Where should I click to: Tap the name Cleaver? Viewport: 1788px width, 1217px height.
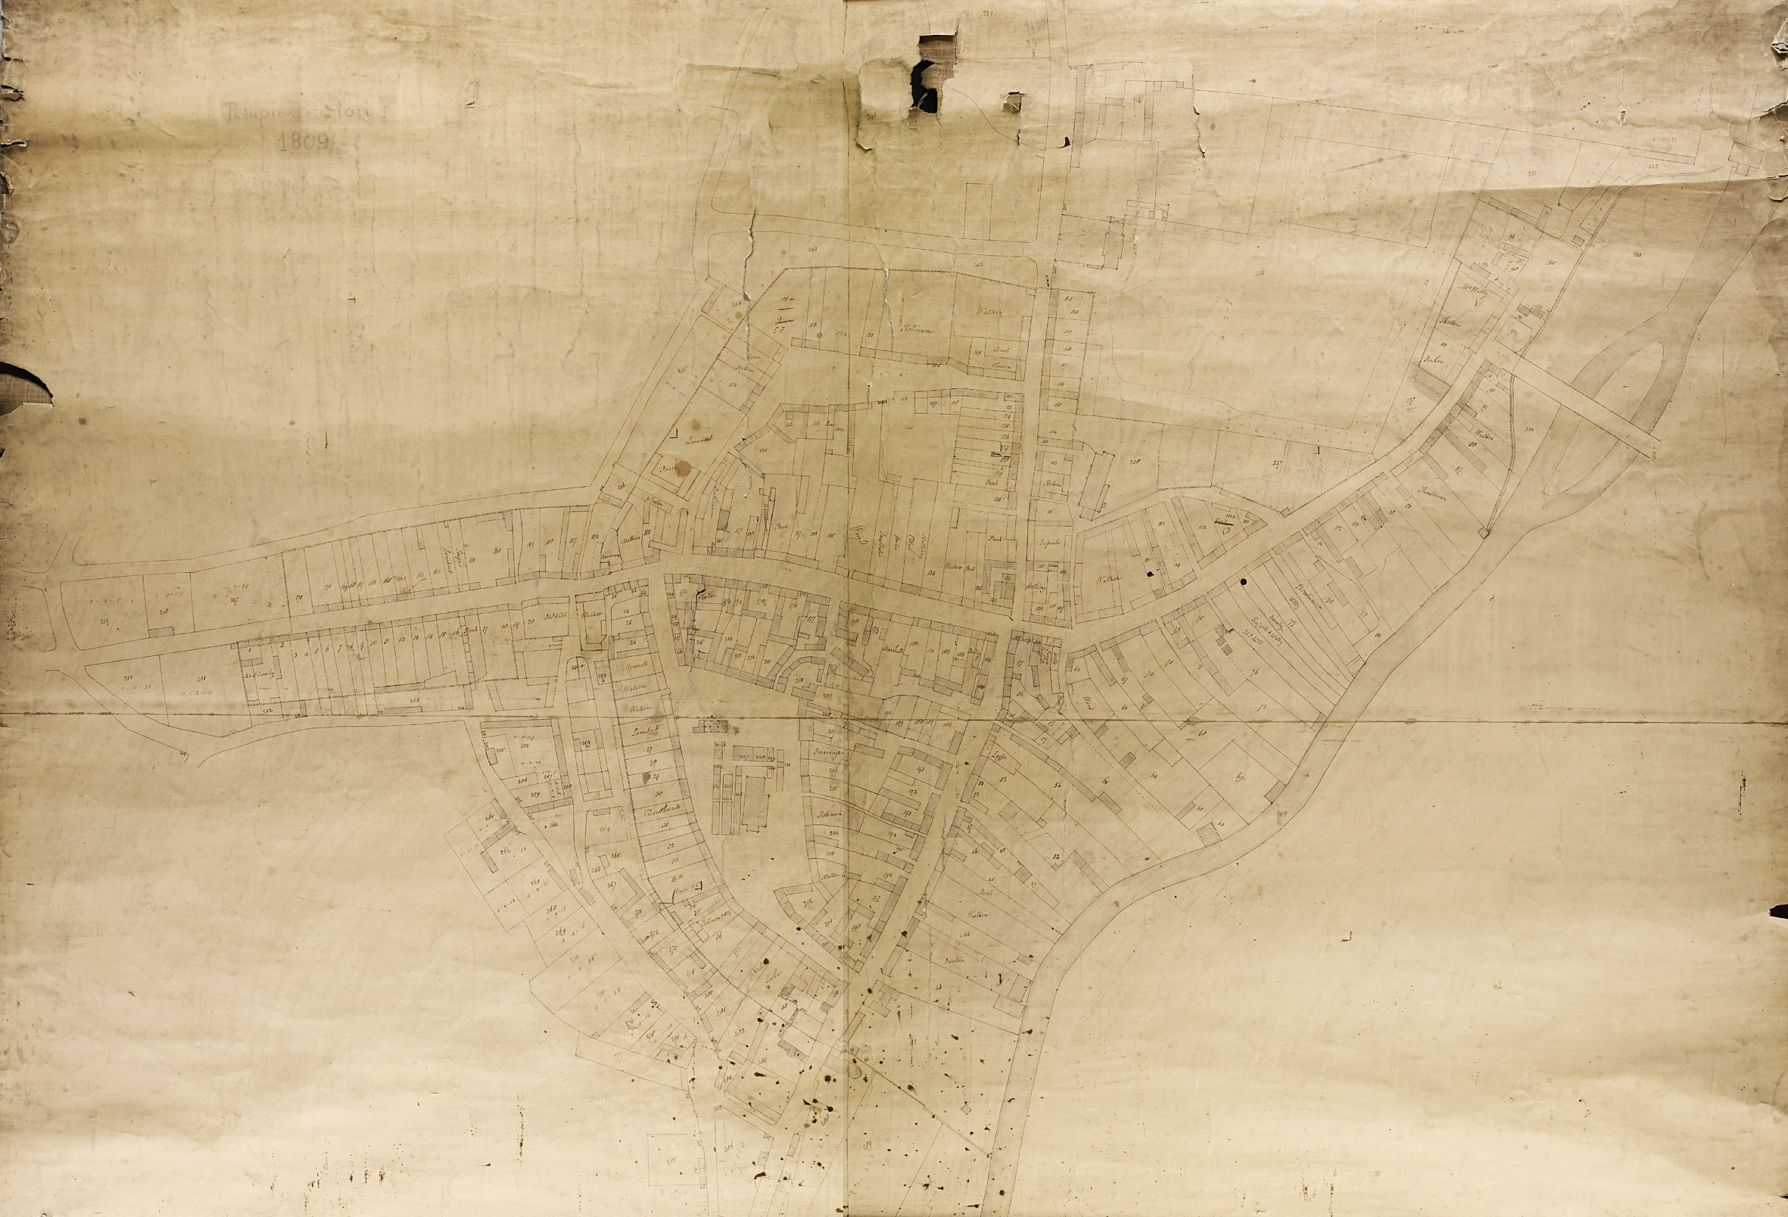click(x=1001, y=366)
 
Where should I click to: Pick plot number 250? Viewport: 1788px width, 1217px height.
click(x=127, y=677)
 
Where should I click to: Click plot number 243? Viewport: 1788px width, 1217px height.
click(x=812, y=248)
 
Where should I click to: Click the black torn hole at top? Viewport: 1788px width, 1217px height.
click(x=924, y=85)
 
